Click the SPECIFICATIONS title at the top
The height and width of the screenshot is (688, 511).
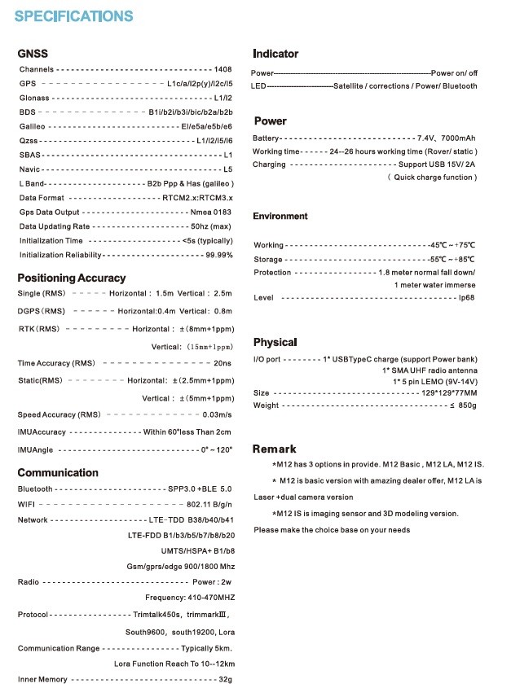(x=73, y=15)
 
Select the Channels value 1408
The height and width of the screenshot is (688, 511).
(x=222, y=69)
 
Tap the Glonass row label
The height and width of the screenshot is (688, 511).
(x=34, y=98)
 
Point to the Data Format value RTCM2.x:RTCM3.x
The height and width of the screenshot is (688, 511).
(x=198, y=198)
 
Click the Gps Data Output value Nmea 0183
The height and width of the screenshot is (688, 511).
(x=211, y=213)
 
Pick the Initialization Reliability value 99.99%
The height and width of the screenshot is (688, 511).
(x=219, y=255)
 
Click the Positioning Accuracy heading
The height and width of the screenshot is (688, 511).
(x=72, y=278)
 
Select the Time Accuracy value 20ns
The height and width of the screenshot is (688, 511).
(x=222, y=363)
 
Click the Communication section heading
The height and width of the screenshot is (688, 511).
(x=58, y=472)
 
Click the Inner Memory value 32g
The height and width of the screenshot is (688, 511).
(x=226, y=679)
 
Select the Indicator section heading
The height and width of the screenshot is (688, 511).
(x=275, y=54)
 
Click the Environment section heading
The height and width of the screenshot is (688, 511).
(x=280, y=216)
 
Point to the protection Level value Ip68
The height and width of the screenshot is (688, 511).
(x=467, y=298)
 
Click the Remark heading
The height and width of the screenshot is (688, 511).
(x=275, y=449)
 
